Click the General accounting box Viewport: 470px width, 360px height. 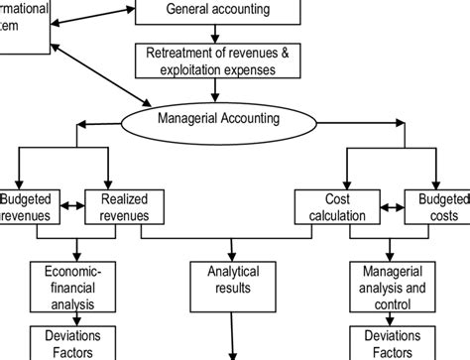tap(217, 12)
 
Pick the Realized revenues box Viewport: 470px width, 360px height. tap(125, 206)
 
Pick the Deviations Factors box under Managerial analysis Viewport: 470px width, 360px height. tap(393, 344)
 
